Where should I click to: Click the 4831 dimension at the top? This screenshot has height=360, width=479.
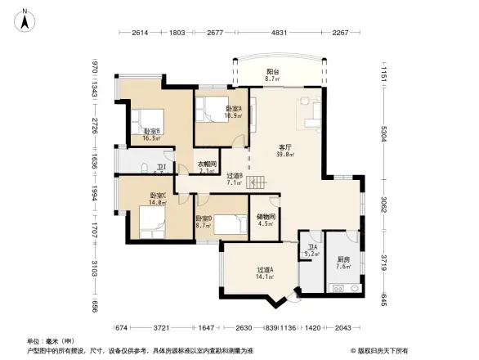tap(280, 34)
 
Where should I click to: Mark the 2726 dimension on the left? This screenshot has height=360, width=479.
tap(95, 126)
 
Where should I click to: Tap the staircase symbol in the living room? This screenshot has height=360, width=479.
tap(260, 185)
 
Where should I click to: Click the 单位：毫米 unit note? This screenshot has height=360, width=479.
tap(51, 341)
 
